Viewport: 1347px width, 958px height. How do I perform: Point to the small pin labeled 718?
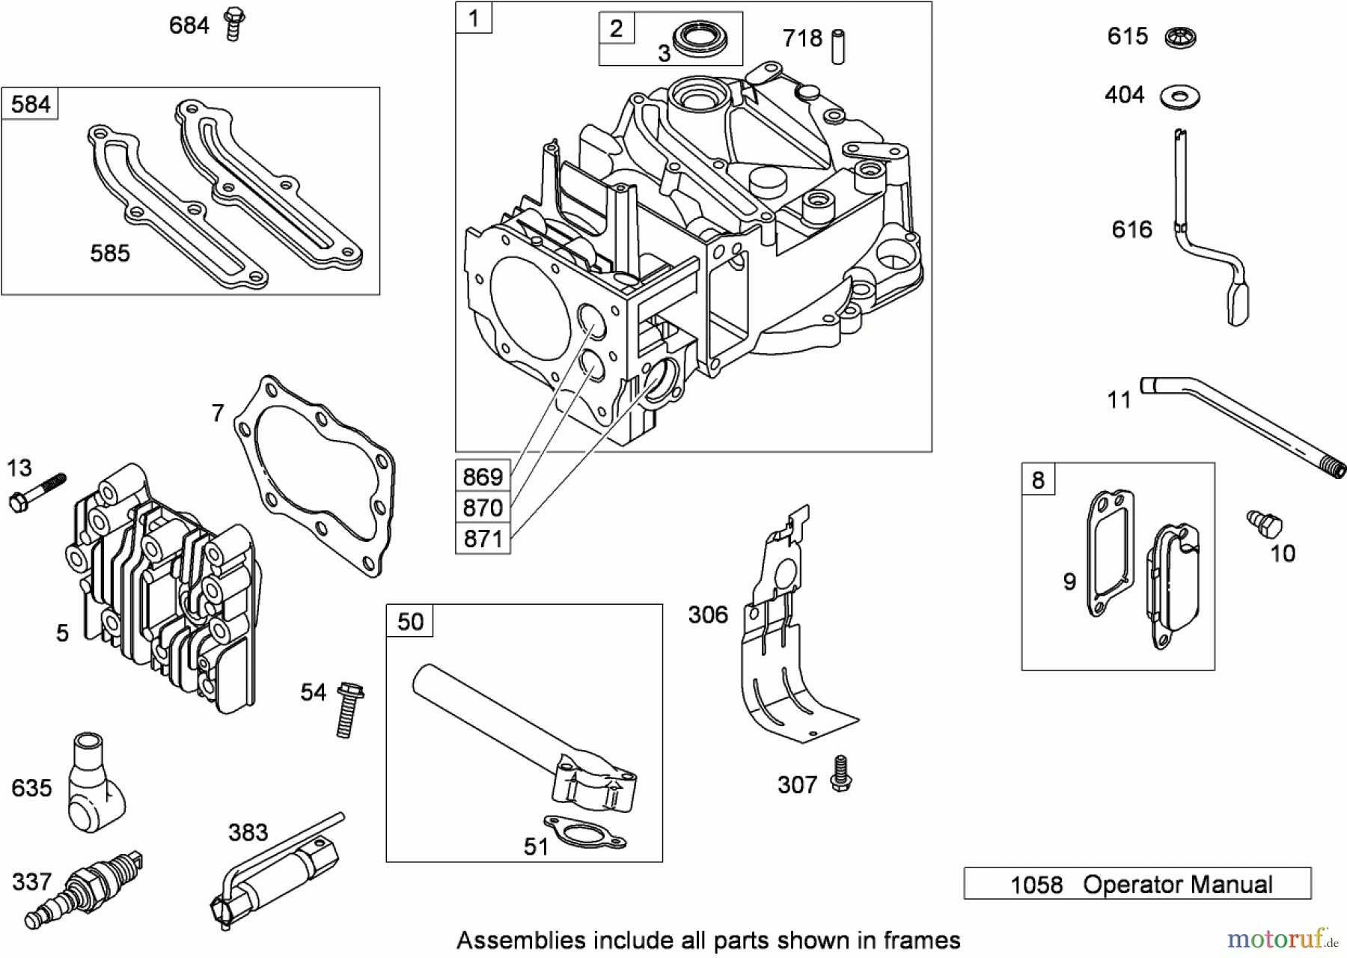(x=839, y=46)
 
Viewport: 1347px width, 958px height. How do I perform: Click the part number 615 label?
(x=1127, y=36)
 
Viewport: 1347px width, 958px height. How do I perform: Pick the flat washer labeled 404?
(x=1180, y=96)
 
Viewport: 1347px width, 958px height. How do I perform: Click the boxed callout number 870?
(x=483, y=507)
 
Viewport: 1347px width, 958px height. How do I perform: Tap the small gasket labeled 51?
(x=584, y=833)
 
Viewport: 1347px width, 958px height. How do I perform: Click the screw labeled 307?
(x=840, y=774)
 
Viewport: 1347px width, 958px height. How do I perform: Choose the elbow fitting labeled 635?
(x=93, y=783)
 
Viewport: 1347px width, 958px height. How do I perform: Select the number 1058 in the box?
(x=1036, y=885)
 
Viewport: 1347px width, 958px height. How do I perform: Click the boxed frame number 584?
(x=31, y=104)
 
